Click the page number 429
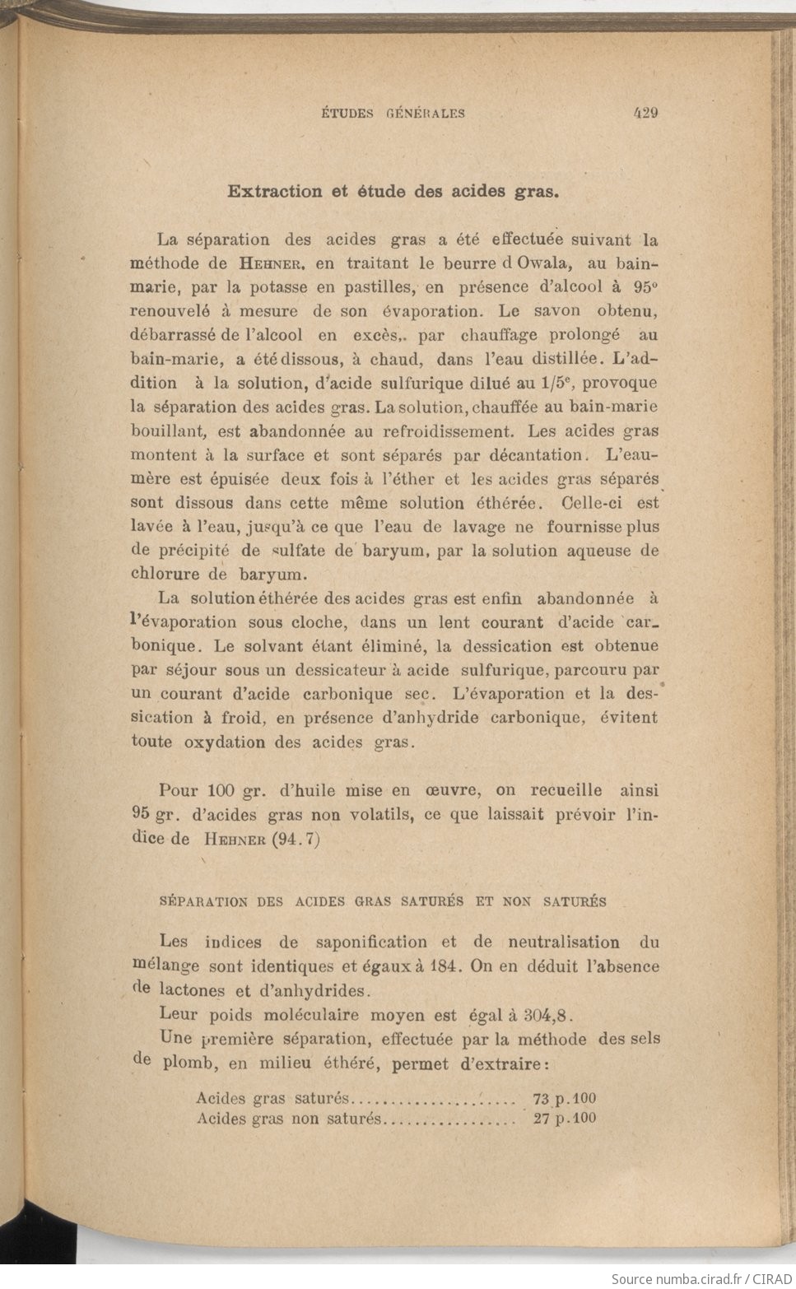coord(645,114)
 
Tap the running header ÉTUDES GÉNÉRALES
coord(393,114)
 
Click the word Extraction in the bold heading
coord(275,192)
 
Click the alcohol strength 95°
coord(645,287)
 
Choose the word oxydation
coord(225,742)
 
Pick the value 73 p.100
coord(565,1099)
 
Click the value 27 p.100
coord(565,1119)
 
